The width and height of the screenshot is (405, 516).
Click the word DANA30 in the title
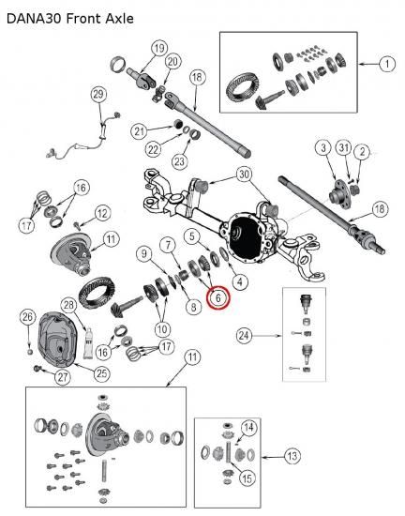pos(34,19)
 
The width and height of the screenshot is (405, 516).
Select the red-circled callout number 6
pos(218,297)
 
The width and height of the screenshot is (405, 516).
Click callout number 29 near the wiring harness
pos(98,94)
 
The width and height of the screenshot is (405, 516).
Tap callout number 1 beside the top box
pos(387,64)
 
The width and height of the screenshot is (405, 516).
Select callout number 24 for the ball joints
pos(245,336)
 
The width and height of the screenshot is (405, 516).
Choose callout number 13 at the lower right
pos(292,456)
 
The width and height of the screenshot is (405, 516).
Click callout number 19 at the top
pos(159,49)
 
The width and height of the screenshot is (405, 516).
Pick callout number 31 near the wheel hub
pos(343,147)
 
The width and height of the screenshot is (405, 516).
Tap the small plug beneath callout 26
pos(30,352)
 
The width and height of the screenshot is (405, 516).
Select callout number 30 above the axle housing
pos(244,175)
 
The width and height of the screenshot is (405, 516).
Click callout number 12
pos(102,213)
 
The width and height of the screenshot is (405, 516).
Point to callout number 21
pos(140,131)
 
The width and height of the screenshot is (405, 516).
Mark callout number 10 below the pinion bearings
pos(162,329)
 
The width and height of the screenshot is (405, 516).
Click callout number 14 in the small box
pos(248,428)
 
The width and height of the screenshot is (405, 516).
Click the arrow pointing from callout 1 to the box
pos(368,64)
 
